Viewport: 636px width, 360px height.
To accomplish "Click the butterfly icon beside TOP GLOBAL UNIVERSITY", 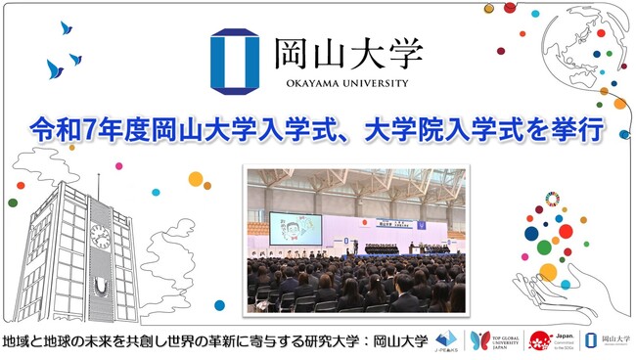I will pos(479,340).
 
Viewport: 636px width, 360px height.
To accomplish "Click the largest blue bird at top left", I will pos(55,68).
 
